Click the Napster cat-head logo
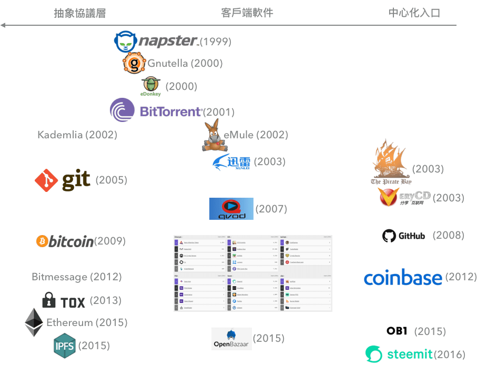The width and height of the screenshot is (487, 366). click(125, 42)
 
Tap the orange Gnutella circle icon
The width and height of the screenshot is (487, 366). click(134, 64)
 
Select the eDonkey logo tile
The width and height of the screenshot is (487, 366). click(151, 87)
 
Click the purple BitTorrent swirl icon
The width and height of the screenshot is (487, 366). click(123, 110)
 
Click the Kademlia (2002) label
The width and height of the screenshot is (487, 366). click(77, 135)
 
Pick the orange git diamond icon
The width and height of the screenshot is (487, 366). click(46, 180)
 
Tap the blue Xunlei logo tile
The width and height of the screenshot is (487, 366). click(231, 162)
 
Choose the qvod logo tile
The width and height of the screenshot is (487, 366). click(231, 209)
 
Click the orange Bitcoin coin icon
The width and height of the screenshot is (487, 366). click(43, 241)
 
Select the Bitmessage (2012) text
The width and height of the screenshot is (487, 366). click(76, 277)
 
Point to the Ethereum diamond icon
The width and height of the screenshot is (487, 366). click(34, 322)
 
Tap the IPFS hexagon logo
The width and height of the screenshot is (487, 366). click(65, 345)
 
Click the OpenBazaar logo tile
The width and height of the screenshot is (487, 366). click(231, 339)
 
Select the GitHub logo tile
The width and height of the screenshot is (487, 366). click(403, 236)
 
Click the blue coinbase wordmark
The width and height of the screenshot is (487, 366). click(402, 277)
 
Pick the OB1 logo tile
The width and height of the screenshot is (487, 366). click(397, 331)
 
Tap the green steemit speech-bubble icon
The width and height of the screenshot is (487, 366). click(374, 354)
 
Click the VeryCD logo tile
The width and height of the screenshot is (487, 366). click(404, 197)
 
